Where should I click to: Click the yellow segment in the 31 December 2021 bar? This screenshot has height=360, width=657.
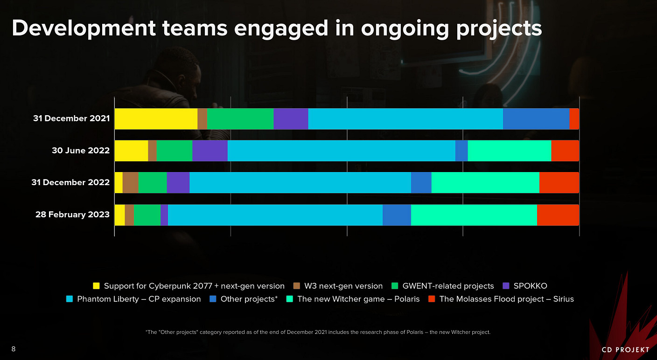pos(156,119)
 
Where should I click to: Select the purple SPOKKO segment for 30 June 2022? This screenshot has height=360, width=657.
pos(210,151)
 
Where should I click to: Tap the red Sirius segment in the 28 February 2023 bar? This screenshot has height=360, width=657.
pos(558,215)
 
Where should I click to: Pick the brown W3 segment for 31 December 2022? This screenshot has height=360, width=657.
pos(131,182)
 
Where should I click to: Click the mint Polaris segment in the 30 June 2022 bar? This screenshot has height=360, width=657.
pos(509,151)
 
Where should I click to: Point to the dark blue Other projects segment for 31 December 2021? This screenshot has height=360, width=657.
pos(536,119)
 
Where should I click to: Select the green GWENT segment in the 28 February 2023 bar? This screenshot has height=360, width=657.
pos(147,215)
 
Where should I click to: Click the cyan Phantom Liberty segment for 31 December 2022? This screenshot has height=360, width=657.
pos(300,182)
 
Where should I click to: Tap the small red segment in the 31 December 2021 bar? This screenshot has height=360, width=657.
pos(574,119)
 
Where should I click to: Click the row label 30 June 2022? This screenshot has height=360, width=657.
pos(81,151)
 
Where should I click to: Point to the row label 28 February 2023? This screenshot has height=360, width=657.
pos(72,215)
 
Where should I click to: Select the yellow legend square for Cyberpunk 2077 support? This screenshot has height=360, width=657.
pos(97,286)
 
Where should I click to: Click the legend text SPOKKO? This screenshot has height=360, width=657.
pos(530,286)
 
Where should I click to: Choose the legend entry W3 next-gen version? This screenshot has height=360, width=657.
pos(343,286)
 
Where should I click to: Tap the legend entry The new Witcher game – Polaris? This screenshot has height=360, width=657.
pos(358,299)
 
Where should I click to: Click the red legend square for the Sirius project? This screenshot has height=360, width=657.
pos(431,299)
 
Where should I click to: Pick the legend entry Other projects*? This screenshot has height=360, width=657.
pos(249,299)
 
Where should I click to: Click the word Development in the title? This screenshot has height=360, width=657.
pos(83,29)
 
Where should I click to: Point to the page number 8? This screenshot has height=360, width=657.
pos(14,349)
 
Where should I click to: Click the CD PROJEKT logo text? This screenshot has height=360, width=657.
pos(625,350)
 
